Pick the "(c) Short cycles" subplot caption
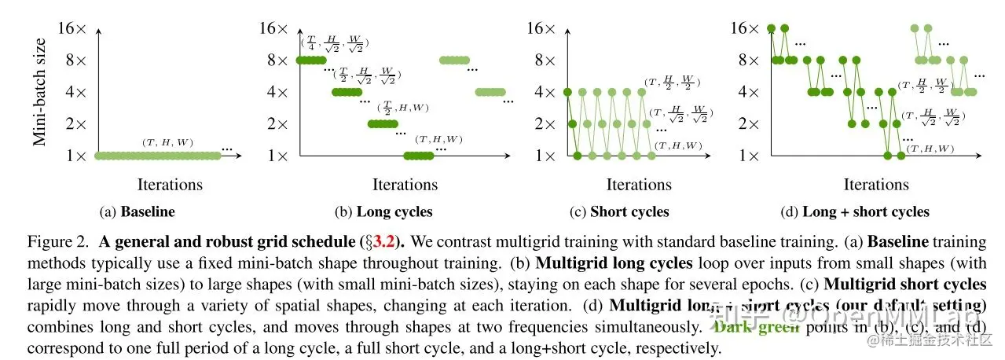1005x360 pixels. [x=619, y=211]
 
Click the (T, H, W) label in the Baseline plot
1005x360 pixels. [x=167, y=142]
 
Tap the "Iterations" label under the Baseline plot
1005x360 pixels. [x=170, y=185]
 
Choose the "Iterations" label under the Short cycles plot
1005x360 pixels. [x=639, y=185]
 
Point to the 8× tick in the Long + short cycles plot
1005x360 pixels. [x=746, y=61]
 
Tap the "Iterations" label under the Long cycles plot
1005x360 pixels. [x=405, y=185]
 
